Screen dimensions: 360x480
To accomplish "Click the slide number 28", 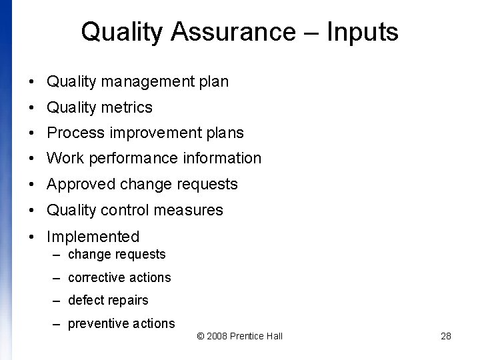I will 446,336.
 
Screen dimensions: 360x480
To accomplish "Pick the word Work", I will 63,158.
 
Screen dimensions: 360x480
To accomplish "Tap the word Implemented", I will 93,236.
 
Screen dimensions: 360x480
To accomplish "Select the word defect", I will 85,300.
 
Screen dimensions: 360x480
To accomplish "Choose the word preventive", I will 97,323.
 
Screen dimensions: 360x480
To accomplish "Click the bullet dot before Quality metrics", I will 32,108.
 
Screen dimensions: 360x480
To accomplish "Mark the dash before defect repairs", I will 57,301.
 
